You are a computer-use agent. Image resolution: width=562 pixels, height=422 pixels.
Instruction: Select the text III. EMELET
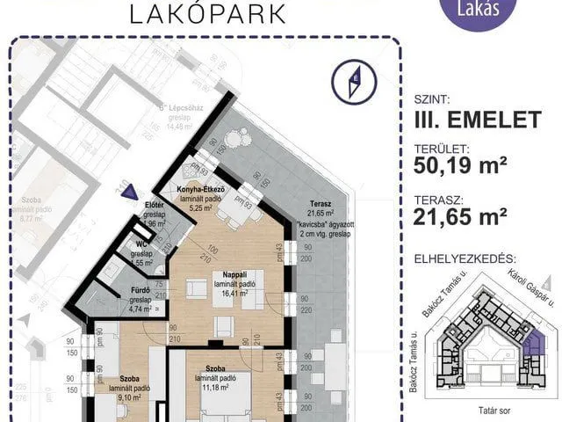[x=476, y=121]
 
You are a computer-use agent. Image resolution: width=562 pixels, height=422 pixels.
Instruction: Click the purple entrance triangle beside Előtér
[x=130, y=196]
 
